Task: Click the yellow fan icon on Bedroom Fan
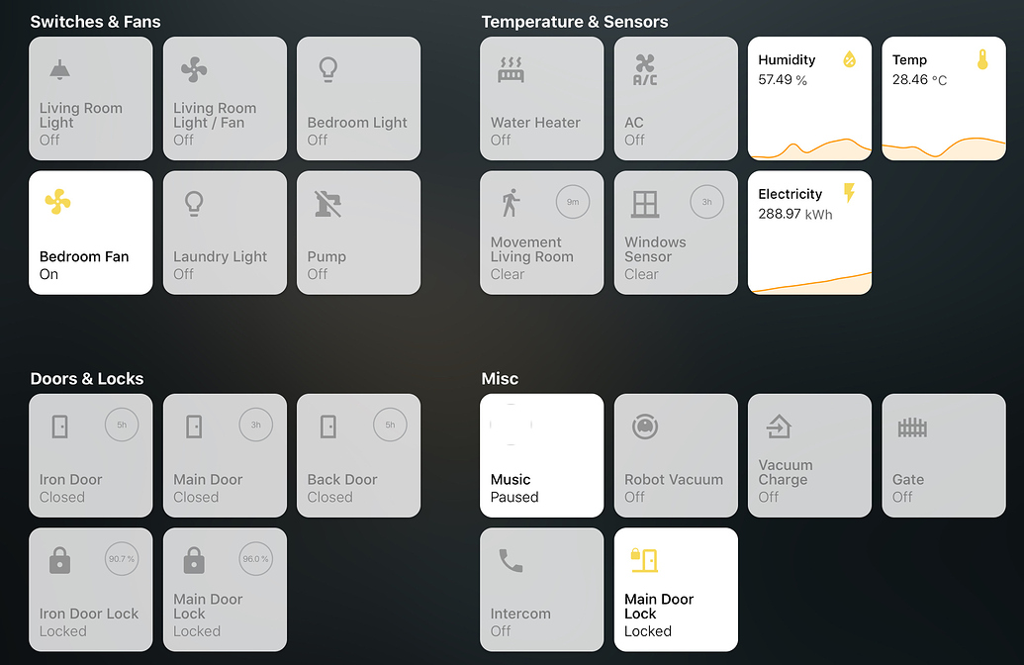58,203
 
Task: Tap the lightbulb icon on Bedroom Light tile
326,69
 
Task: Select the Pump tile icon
326,204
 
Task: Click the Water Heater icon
511,69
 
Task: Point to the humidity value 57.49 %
783,80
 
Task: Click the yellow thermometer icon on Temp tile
982,59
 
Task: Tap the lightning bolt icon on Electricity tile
848,193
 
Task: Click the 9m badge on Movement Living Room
573,202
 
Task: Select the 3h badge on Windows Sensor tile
706,202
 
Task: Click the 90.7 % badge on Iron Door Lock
122,559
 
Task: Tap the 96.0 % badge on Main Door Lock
255,559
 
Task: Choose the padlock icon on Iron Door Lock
59,561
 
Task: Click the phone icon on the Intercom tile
511,561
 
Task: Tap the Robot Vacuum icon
645,427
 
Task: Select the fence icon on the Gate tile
912,427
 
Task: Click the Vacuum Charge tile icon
779,427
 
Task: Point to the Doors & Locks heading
87,379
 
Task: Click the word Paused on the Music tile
514,497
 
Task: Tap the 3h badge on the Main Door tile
255,426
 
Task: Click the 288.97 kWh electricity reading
795,214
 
